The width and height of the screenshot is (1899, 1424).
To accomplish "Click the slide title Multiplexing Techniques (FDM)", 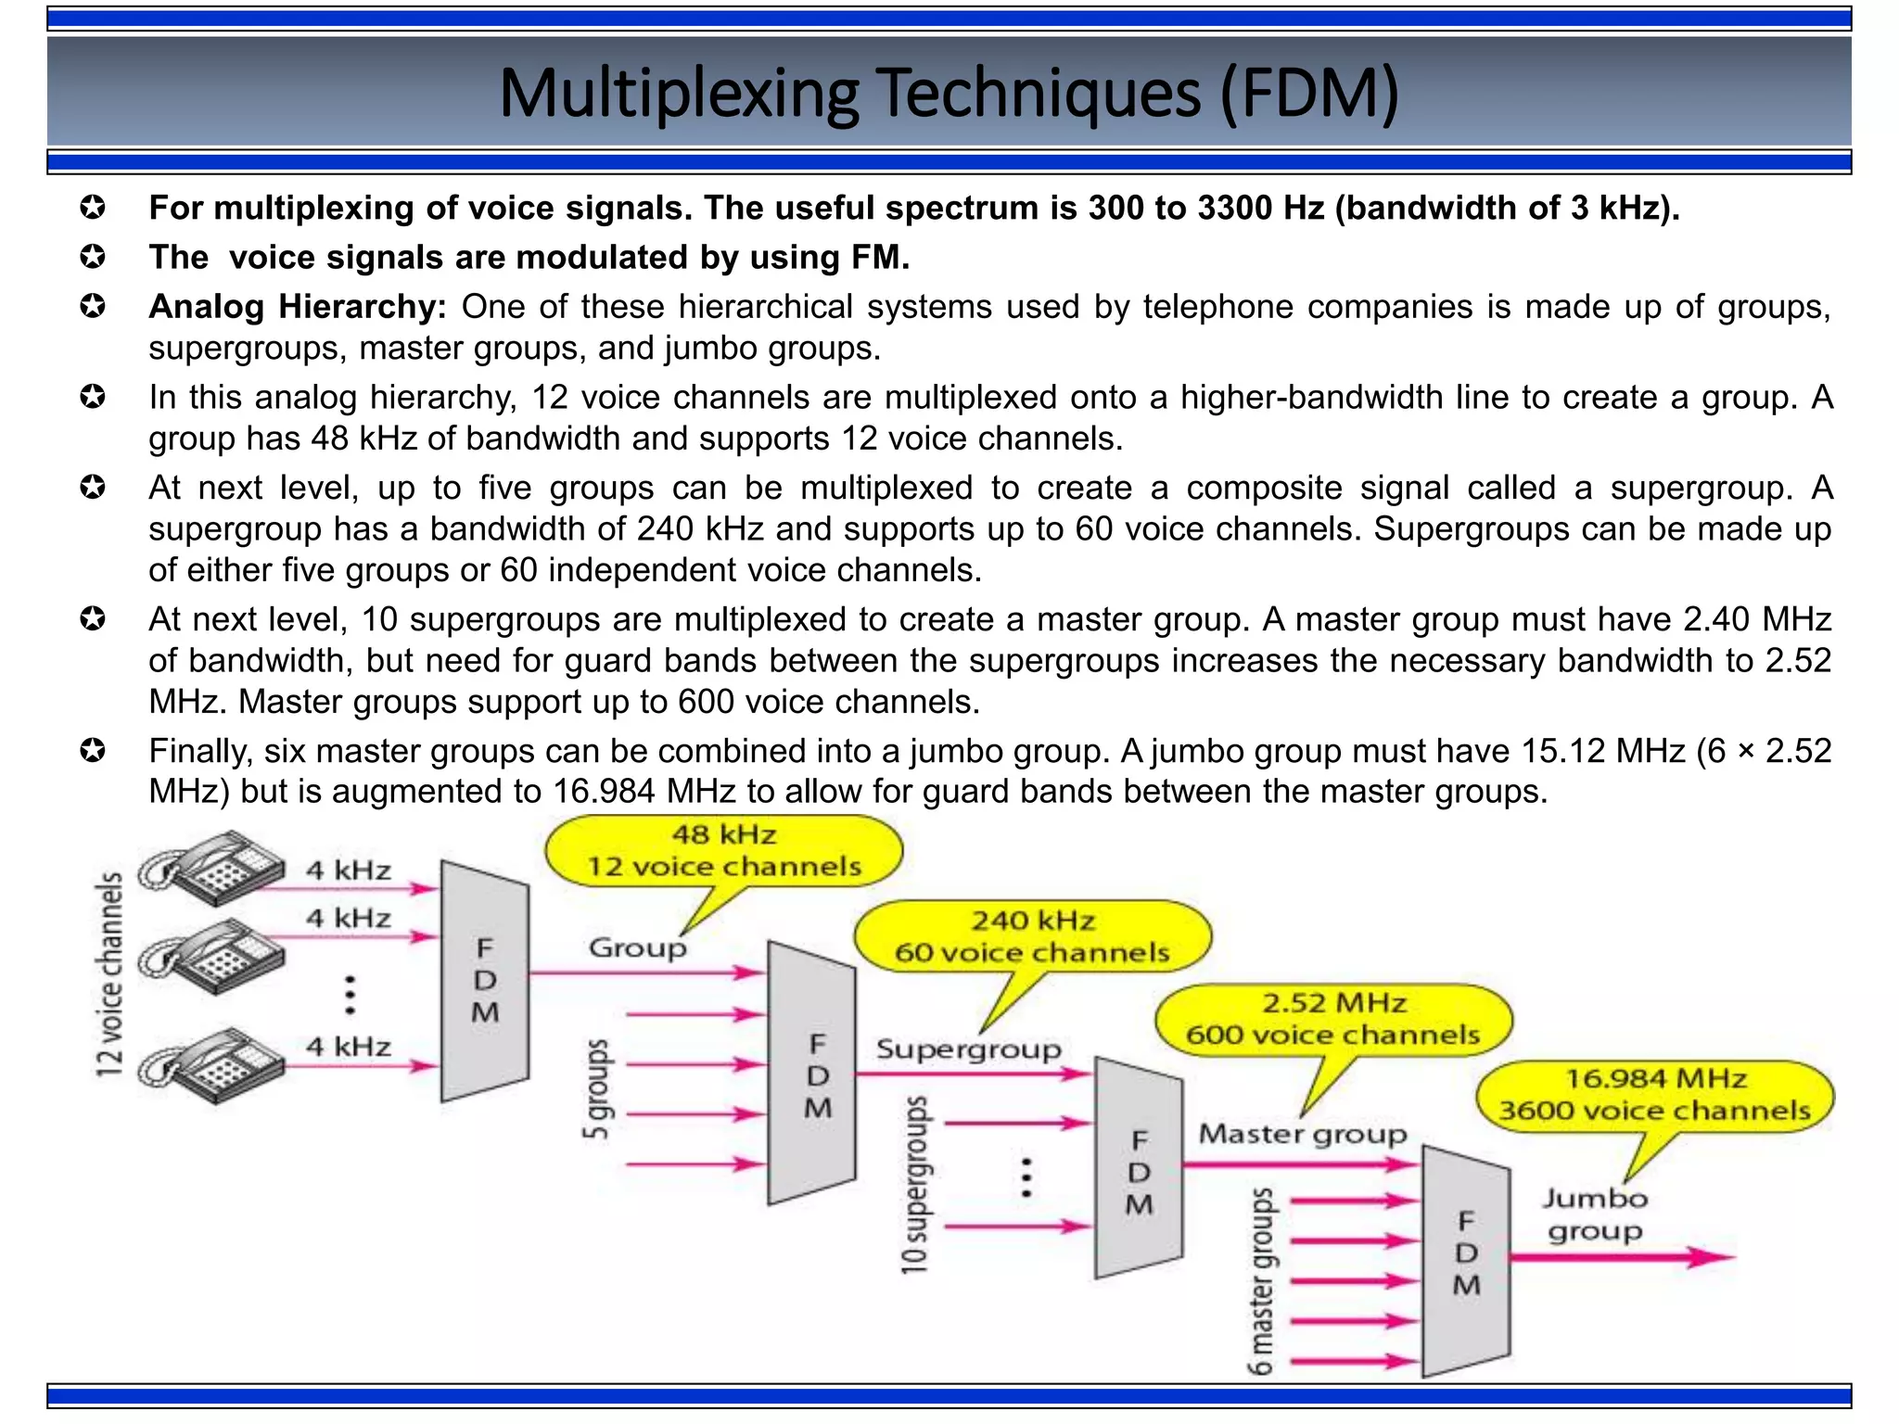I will click(x=948, y=93).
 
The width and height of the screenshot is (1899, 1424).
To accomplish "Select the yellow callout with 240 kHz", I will click(x=1032, y=936).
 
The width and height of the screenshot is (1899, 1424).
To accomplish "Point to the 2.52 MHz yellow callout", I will click(x=1333, y=1019).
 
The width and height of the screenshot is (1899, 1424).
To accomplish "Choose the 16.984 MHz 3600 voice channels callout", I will click(x=1655, y=1095).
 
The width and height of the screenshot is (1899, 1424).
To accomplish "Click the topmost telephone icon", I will click(x=213, y=867).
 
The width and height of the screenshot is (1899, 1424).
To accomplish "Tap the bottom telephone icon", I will click(x=213, y=1065).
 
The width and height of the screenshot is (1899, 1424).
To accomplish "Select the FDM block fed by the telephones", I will click(x=485, y=981).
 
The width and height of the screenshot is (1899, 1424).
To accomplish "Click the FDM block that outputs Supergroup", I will click(x=813, y=1074).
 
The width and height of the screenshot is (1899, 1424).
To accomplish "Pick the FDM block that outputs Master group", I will click(x=1139, y=1169).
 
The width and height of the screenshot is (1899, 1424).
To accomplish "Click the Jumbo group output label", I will click(x=1594, y=1214).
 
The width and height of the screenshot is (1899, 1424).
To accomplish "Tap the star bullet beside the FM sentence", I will click(x=93, y=257).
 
